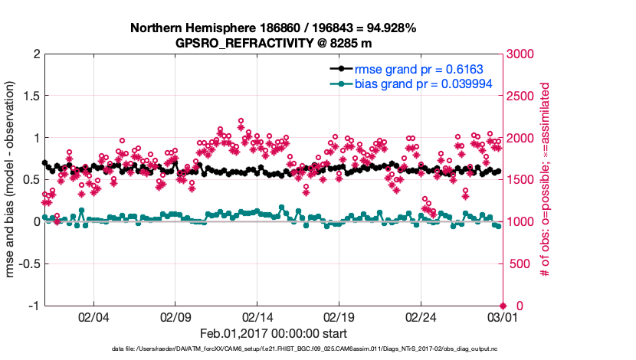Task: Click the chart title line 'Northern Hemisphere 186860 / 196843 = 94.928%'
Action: pyautogui.click(x=273, y=28)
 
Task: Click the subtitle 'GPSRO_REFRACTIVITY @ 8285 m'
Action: pyautogui.click(x=273, y=43)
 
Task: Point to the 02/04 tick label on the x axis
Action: pyautogui.click(x=93, y=316)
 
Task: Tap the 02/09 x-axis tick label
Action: pyautogui.click(x=175, y=316)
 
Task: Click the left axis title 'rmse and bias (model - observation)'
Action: pyautogui.click(x=11, y=180)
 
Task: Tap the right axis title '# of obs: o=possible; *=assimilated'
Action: pyautogui.click(x=545, y=180)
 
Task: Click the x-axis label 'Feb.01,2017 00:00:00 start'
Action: pyautogui.click(x=273, y=333)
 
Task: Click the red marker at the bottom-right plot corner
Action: pyautogui.click(x=502, y=305)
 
